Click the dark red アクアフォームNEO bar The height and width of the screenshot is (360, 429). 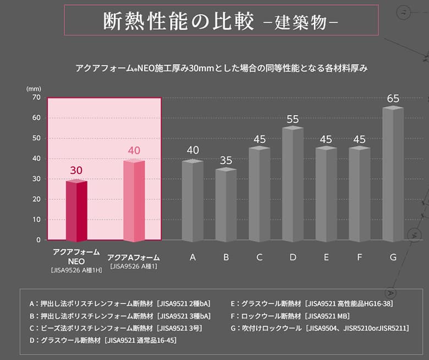pyautogui.click(x=76, y=211)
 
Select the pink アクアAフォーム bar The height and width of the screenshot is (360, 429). pyautogui.click(x=134, y=201)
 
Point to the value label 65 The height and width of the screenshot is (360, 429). pyautogui.click(x=393, y=99)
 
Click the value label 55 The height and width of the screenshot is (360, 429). pyautogui.click(x=293, y=119)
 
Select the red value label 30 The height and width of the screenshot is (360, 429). pyautogui.click(x=76, y=171)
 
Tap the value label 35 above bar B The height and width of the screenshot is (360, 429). pyautogui.click(x=226, y=161)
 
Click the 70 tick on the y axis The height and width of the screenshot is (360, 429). pyautogui.click(x=36, y=97)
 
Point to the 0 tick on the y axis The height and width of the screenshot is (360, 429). pyautogui.click(x=38, y=240)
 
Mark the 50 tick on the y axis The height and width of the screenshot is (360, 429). pyautogui.click(x=36, y=138)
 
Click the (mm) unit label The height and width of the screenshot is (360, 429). pyautogui.click(x=34, y=88)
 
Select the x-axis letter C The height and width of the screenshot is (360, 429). pyautogui.click(x=259, y=257)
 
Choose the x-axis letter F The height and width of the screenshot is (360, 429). pyautogui.click(x=360, y=257)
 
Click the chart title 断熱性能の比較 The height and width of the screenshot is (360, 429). pyautogui.click(x=179, y=21)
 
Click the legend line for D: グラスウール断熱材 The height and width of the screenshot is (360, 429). pyautogui.click(x=103, y=340)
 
